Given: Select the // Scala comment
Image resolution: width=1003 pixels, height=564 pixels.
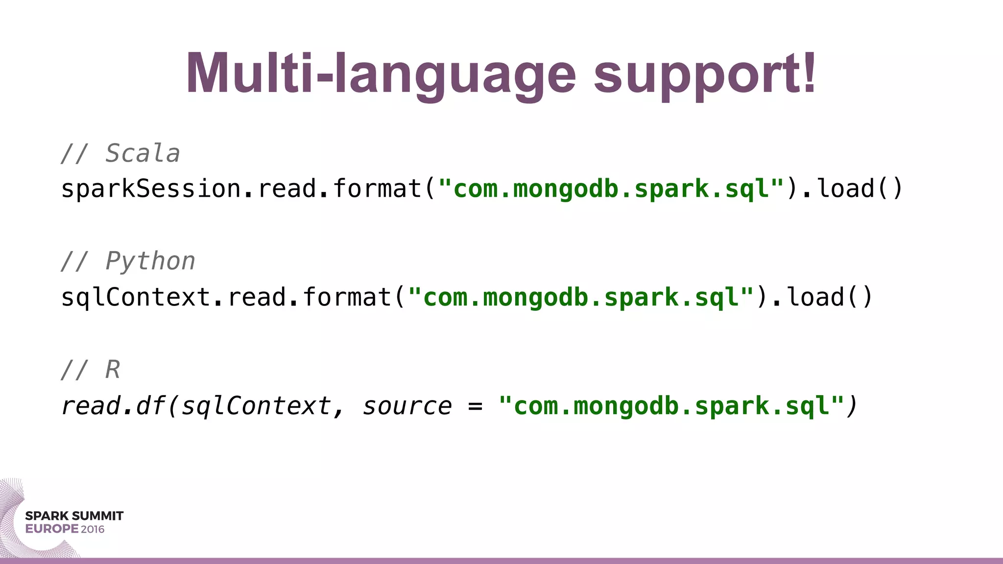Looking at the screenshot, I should tap(120, 153).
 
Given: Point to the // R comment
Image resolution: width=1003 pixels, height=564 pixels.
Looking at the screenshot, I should tap(91, 369).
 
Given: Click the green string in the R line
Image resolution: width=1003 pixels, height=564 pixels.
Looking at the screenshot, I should tap(671, 406).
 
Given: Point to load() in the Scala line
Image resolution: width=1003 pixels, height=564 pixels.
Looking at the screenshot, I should tap(860, 189).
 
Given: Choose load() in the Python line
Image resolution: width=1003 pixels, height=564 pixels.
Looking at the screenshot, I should tap(830, 297).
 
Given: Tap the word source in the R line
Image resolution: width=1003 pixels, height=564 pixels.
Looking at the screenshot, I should tap(407, 406).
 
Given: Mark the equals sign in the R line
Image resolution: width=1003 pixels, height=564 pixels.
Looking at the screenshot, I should tap(475, 406).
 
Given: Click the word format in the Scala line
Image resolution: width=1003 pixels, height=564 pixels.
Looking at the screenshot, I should tap(377, 189).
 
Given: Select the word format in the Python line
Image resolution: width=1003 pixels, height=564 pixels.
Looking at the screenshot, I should tap(347, 297).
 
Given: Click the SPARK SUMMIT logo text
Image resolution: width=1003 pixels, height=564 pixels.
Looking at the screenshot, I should tap(74, 516).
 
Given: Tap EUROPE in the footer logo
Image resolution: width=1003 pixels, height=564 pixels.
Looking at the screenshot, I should tap(52, 529).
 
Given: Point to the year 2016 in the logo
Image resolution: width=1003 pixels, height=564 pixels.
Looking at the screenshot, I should tap(93, 529).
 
